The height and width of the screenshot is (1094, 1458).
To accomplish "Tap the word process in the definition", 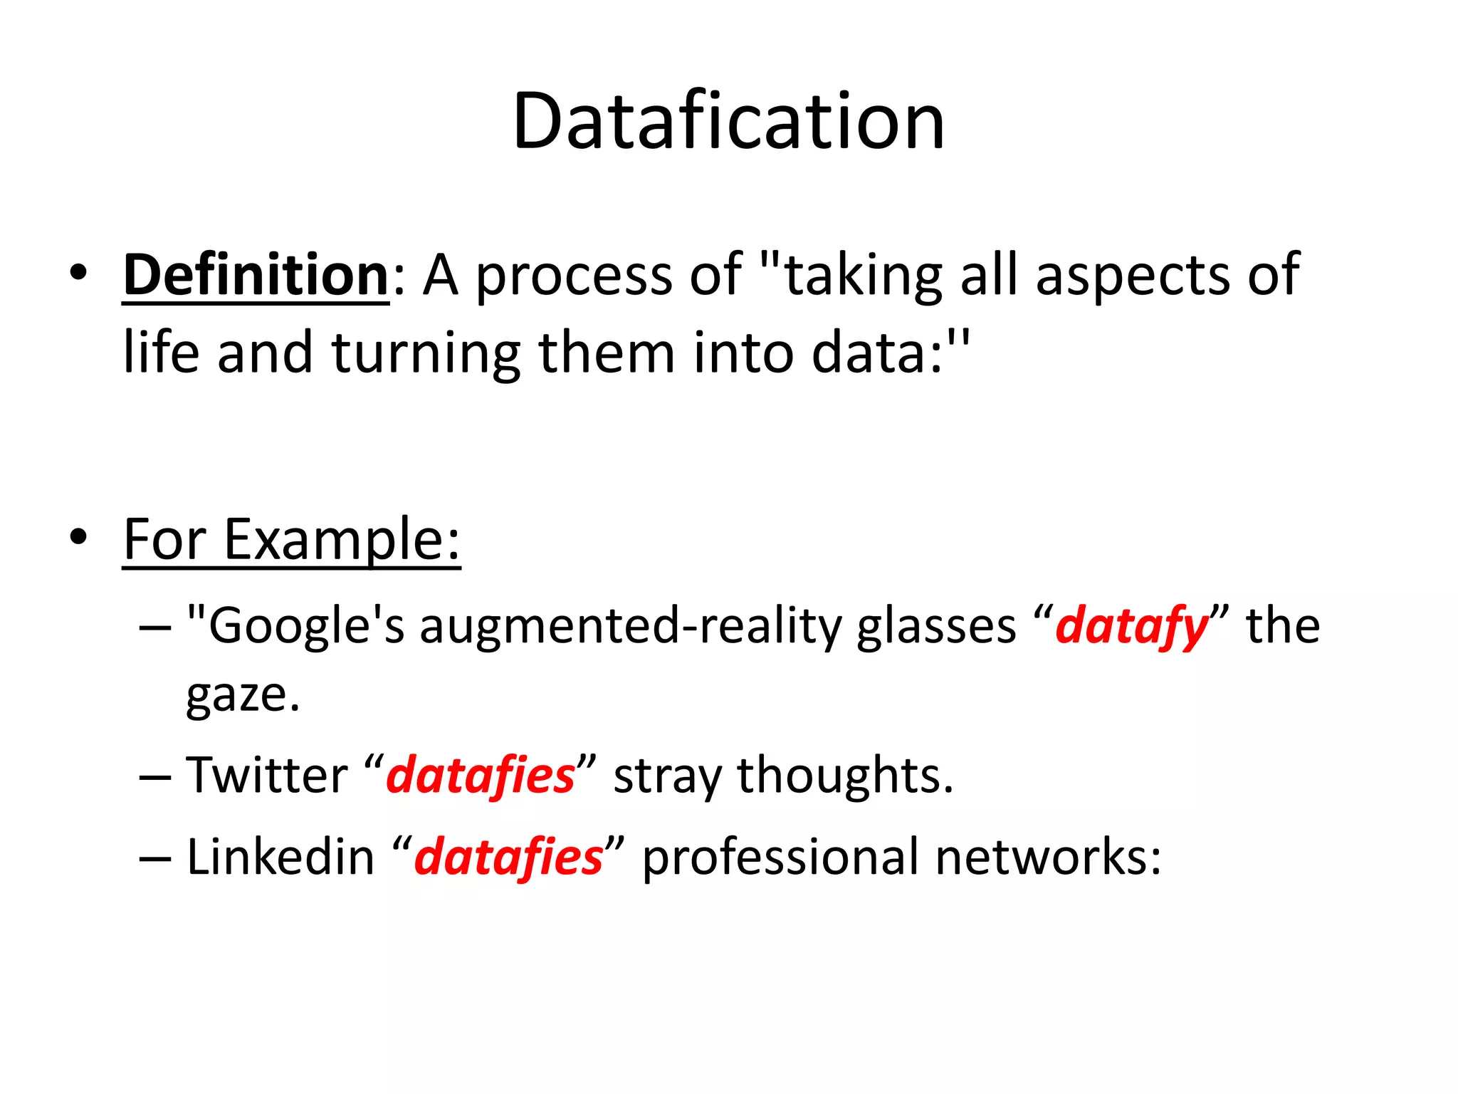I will [573, 276].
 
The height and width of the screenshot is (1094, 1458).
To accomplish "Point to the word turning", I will [426, 354].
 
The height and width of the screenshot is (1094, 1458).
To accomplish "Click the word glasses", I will [936, 627].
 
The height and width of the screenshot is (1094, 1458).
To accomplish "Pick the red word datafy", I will [1131, 627].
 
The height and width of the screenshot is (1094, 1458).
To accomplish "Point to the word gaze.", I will [242, 697].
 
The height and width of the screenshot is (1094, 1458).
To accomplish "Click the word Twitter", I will [267, 776].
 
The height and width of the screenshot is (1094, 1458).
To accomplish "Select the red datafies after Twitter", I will [481, 776].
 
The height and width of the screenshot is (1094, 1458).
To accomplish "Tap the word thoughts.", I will [845, 776].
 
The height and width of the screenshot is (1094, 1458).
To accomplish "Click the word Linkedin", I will [280, 857].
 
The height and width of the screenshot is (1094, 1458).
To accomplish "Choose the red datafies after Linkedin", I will [508, 857].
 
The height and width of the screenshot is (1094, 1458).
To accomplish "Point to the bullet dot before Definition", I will [78, 272].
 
